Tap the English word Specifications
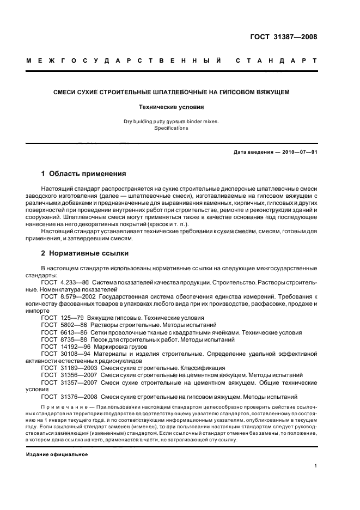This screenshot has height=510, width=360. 170,128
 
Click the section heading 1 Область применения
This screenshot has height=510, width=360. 84,174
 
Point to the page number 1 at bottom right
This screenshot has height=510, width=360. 316,466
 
